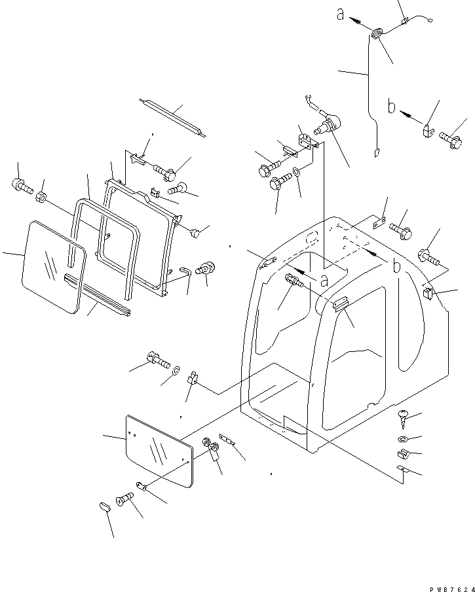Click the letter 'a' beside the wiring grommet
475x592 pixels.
click(341, 14)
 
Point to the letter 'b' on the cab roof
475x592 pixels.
click(397, 266)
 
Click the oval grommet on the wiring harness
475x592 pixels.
click(378, 34)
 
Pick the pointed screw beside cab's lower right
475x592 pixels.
click(403, 415)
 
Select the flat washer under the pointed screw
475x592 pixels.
click(402, 438)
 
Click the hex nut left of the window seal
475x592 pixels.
click(41, 196)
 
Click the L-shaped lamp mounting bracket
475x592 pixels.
click(306, 144)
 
